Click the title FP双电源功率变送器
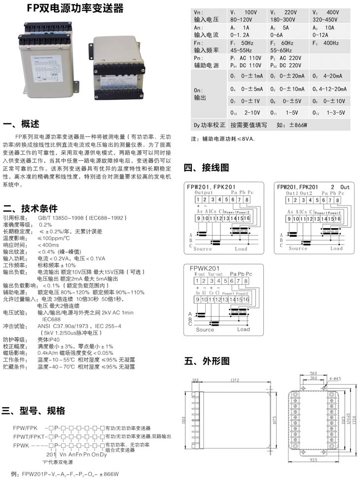[75, 9]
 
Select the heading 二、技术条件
[30, 208]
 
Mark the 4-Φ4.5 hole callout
[336, 378]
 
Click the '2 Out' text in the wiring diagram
[340, 187]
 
